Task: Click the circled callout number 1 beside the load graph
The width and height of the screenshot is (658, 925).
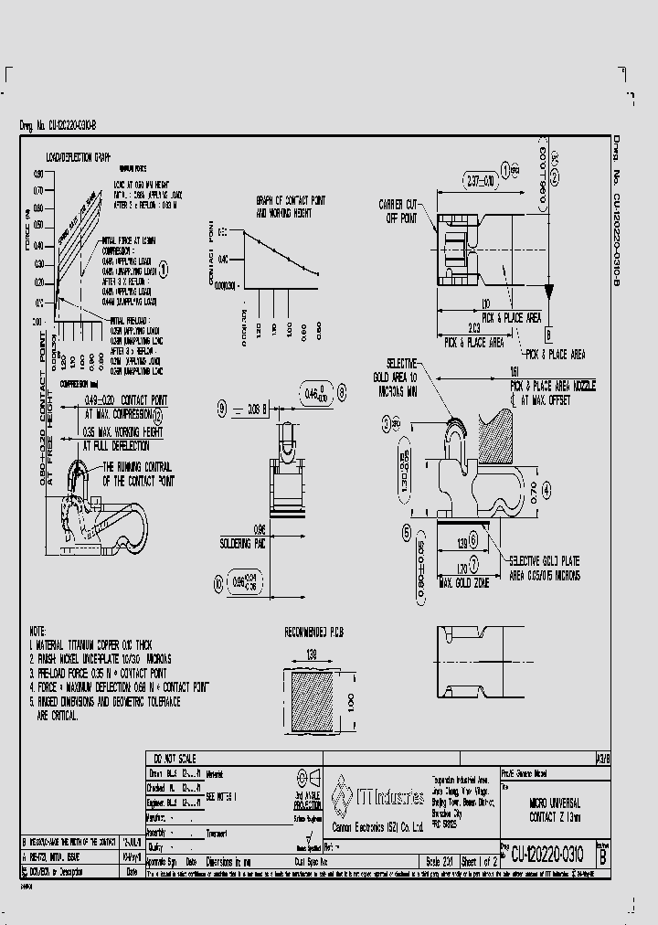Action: click(164, 269)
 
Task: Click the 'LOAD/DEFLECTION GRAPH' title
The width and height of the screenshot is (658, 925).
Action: click(84, 157)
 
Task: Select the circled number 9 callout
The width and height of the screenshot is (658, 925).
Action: click(221, 411)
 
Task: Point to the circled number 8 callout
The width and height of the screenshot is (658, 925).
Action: click(342, 392)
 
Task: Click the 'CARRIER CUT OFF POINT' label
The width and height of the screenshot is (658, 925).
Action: click(398, 212)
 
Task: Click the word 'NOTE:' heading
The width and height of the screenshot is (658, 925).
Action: click(37, 632)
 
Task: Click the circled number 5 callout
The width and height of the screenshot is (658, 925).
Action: click(405, 532)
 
